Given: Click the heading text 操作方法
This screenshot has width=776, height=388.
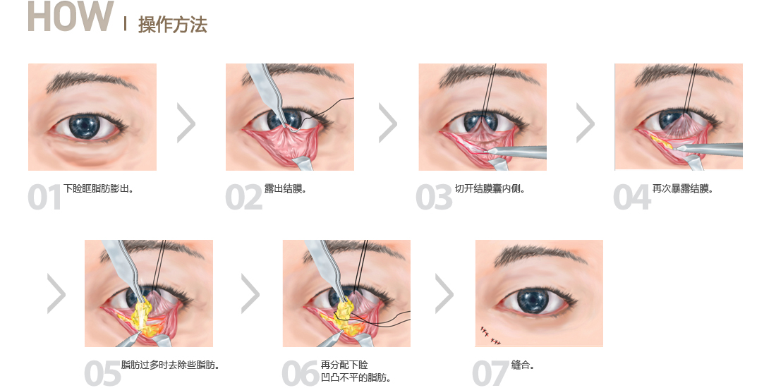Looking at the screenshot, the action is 172,24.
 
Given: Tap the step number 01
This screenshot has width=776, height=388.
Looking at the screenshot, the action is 44,198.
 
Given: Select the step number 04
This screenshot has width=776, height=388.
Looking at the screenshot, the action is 631,198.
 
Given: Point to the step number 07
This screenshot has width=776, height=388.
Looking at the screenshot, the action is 490,373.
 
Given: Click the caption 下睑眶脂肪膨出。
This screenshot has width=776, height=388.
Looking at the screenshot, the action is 99,188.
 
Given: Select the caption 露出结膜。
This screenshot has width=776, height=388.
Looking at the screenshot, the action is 286,188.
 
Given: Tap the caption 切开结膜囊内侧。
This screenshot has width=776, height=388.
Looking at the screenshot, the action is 490,188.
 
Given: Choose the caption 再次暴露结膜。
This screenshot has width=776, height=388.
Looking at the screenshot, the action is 683,188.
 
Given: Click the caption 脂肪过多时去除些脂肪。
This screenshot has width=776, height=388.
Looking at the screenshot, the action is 171,365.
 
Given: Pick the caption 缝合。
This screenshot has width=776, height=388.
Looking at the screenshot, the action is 523,365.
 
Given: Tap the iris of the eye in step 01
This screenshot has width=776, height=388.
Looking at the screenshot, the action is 85,126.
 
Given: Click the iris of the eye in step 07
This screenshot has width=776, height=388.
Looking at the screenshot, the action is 533,301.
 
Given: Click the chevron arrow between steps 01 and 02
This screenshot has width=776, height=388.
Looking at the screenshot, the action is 186,123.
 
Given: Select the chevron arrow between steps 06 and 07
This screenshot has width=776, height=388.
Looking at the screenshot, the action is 444,294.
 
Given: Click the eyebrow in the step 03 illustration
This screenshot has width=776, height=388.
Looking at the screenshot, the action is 483,75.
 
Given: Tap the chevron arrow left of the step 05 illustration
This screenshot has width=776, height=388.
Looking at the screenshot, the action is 56,294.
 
